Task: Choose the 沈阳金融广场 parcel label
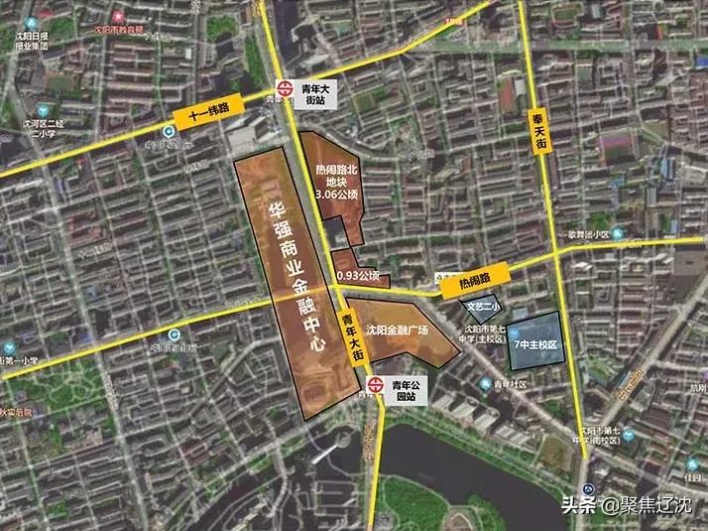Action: (396, 331)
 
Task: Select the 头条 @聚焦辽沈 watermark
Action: (631, 505)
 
